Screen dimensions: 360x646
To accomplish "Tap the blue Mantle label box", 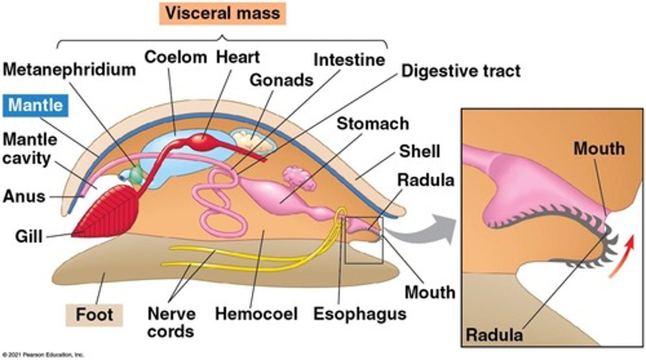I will [x=36, y=105].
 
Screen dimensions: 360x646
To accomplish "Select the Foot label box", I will [x=94, y=314].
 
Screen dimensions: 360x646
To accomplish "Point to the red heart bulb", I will [x=204, y=143].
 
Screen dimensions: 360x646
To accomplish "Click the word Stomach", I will [x=373, y=123].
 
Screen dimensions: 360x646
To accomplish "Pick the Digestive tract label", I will [x=461, y=71].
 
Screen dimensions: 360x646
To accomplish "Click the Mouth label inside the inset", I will [x=599, y=148].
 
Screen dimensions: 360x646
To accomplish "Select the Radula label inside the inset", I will [x=494, y=334].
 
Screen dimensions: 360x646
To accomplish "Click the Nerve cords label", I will [x=171, y=322].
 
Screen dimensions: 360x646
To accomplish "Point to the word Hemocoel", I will [x=256, y=313].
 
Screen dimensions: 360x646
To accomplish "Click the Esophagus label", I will [x=359, y=313].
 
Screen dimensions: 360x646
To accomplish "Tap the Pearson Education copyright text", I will [x=42, y=355].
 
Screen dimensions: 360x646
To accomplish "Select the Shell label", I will [x=419, y=152].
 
